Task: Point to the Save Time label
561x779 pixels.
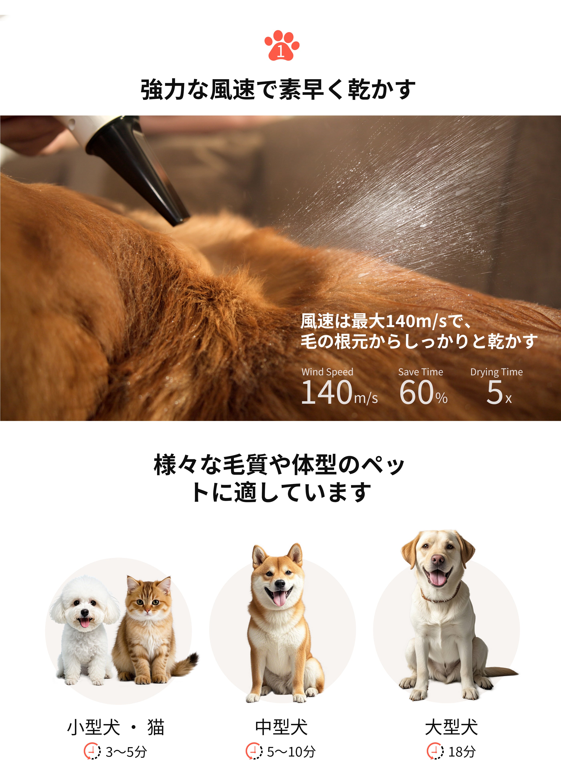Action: point(421,372)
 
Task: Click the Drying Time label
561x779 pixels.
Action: point(496,372)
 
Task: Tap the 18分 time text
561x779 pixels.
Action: point(462,752)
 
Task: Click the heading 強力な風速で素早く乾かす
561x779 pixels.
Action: point(278,89)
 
